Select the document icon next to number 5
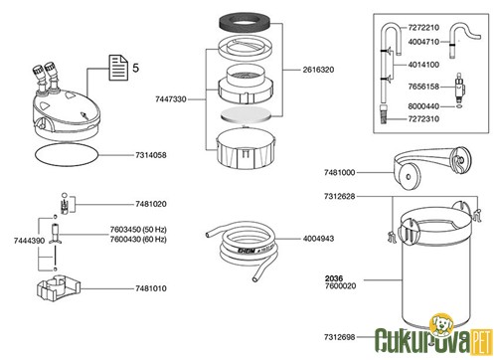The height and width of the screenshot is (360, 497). click(x=115, y=69)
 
